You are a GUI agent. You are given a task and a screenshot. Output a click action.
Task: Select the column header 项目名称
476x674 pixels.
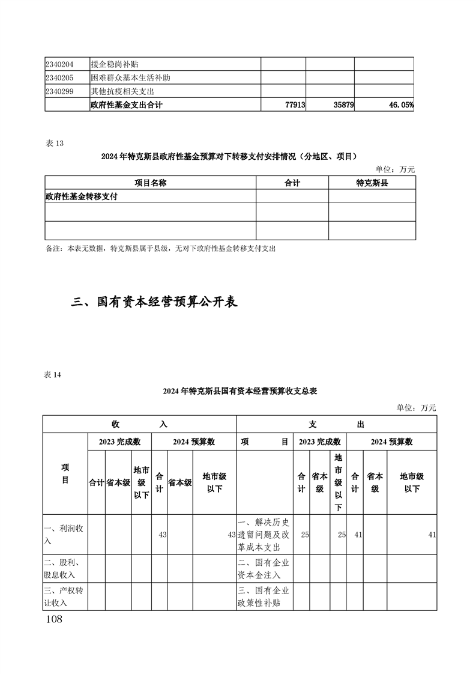(150, 183)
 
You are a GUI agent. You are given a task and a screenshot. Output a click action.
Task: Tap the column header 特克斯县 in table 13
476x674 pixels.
(372, 183)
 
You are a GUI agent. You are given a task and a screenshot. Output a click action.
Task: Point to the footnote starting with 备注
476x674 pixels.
(160, 248)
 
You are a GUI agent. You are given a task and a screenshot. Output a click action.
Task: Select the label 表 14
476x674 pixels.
(53, 375)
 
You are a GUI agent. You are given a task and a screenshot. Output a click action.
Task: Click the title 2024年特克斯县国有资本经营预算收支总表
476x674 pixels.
(240, 391)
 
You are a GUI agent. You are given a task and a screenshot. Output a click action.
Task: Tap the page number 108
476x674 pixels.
(54, 619)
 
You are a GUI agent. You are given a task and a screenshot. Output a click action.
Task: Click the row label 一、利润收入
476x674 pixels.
(65, 534)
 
